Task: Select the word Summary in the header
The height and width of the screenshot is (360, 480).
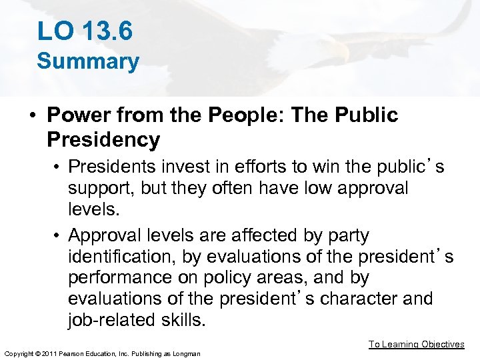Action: click(x=88, y=61)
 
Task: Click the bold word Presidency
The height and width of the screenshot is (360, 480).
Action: click(x=103, y=139)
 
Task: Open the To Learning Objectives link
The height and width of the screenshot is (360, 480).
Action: click(x=417, y=345)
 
